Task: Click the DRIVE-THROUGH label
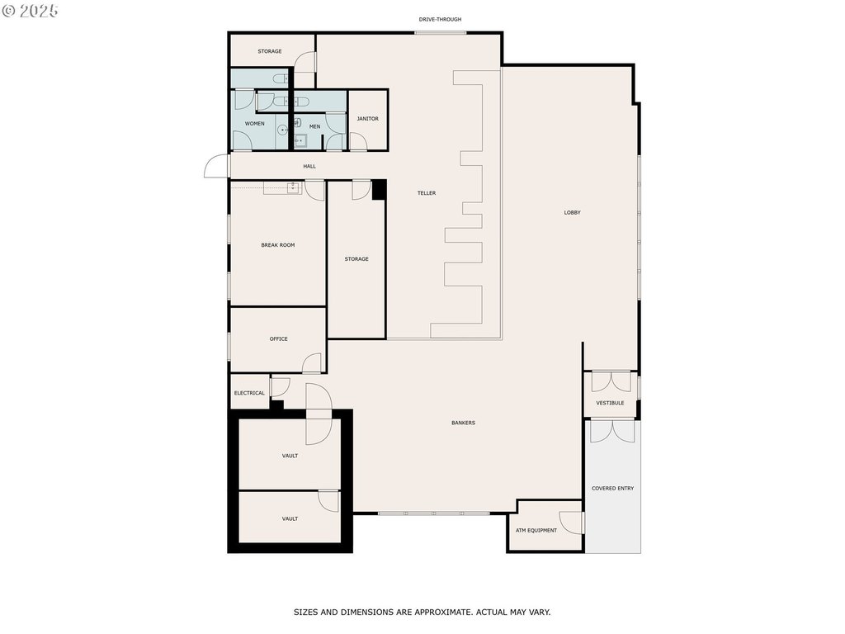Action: (x=440, y=20)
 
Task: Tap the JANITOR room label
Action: (x=367, y=119)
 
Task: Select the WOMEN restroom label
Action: (x=254, y=124)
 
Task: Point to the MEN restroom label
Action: (x=314, y=126)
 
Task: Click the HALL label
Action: (x=309, y=167)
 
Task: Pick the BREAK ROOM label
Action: (x=278, y=245)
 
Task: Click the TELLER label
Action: (x=427, y=193)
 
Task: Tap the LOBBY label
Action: (x=573, y=212)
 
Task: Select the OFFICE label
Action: (x=279, y=339)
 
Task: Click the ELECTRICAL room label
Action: (x=249, y=393)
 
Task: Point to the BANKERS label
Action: (x=464, y=423)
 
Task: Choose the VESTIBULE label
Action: (x=610, y=403)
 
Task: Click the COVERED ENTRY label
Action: (x=613, y=489)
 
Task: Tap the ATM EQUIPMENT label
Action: (x=536, y=531)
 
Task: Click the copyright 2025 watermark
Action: (x=31, y=11)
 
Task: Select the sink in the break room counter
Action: (x=293, y=187)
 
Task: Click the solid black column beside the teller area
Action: (x=380, y=191)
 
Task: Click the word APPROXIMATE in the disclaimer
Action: (x=441, y=613)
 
